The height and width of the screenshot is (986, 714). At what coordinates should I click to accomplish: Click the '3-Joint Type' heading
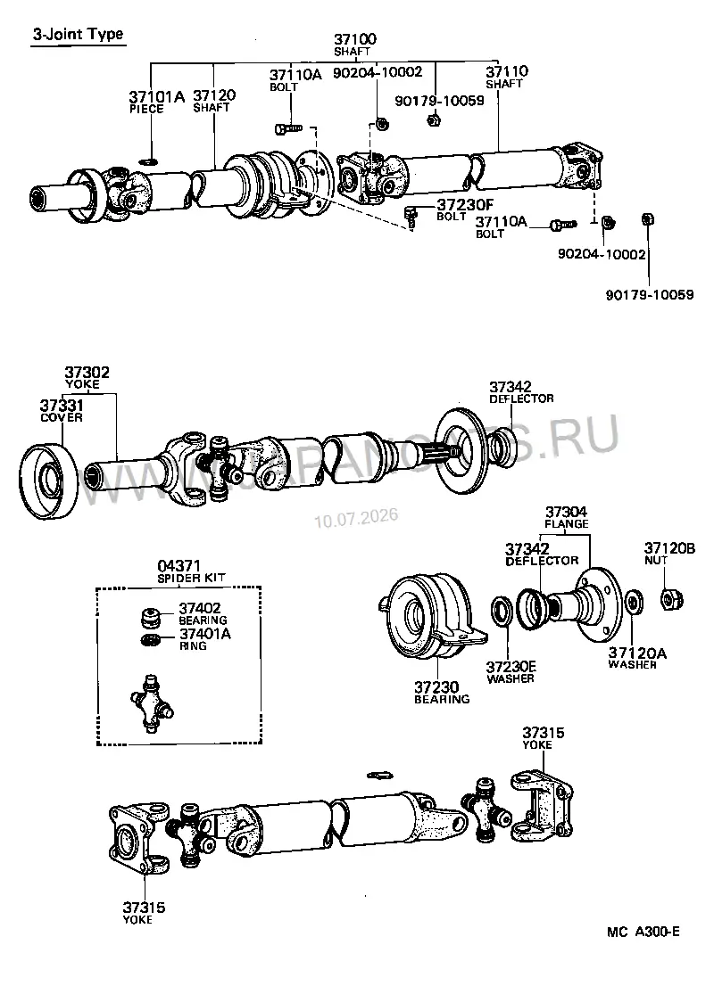point(78,34)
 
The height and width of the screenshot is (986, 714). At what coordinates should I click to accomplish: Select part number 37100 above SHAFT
point(355,39)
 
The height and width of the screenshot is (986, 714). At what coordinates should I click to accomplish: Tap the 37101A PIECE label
point(156,102)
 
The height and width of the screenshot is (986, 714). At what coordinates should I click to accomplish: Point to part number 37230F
point(465,205)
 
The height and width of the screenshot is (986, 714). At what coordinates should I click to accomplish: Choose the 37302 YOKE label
point(87,377)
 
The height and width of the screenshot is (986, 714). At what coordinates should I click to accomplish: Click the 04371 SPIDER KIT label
point(191,571)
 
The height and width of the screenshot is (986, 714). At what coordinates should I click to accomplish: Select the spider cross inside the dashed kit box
point(151,703)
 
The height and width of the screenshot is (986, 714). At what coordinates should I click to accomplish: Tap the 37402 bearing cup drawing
point(150,618)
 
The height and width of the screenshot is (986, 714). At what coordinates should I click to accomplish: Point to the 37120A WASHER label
point(637,659)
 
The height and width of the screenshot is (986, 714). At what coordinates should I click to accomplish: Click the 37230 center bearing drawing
point(431,618)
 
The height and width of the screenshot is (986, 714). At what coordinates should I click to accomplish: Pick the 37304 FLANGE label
point(567,517)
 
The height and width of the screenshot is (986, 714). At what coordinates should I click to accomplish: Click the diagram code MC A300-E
point(643,932)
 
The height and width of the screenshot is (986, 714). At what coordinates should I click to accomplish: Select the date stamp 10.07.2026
point(356,518)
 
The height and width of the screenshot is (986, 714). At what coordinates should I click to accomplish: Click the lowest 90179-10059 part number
point(650,294)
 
